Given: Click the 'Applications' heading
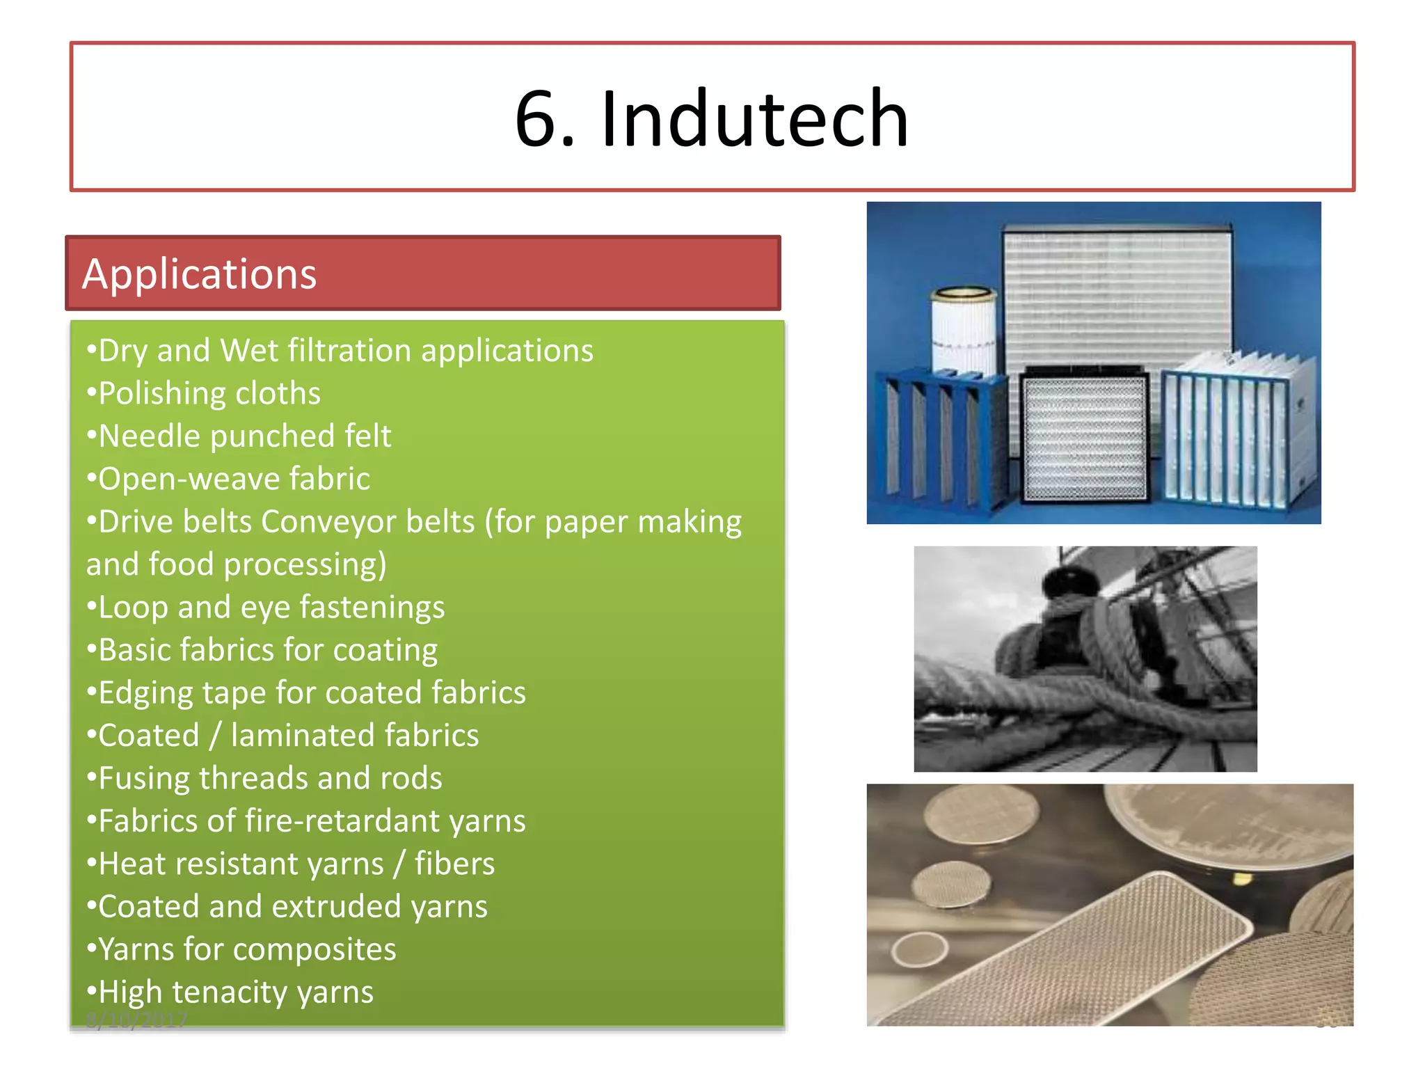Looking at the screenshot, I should tap(200, 274).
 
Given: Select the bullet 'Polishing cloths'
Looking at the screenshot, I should tap(209, 393).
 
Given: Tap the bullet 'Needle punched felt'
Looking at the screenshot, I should tap(245, 436).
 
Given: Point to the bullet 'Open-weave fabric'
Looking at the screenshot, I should tap(234, 479).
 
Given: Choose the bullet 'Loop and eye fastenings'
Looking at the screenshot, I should tap(271, 607).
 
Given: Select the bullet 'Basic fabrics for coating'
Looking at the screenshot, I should tap(268, 650).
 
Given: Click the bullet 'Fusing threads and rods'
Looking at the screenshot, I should tap(270, 778).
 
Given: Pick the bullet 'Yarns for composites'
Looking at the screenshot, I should tap(247, 949).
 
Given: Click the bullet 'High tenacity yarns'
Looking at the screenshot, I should tap(236, 992).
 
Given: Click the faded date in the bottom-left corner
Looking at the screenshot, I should tap(137, 1020).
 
